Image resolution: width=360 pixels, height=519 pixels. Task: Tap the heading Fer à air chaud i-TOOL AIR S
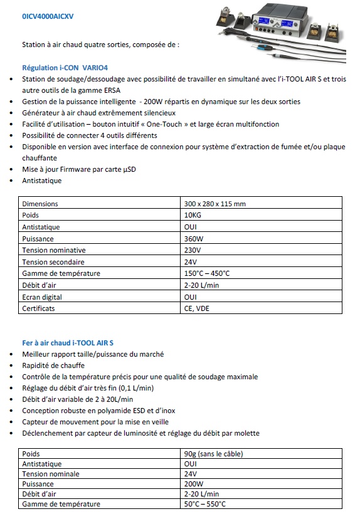tap(68, 343)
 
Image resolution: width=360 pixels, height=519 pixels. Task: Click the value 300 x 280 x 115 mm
tap(215, 204)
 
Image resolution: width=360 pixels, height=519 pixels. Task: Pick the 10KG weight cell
tap(193, 215)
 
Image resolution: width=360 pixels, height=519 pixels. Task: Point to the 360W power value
tap(193, 239)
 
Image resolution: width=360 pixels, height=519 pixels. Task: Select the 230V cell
tap(193, 250)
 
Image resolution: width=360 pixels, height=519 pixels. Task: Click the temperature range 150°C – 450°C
tap(207, 273)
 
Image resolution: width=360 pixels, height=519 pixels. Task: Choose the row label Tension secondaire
tap(53, 262)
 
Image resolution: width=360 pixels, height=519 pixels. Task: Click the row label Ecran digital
tap(44, 297)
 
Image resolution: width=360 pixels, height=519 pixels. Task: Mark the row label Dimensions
tap(40, 204)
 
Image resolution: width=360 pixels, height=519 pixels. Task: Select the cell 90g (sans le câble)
tap(213, 454)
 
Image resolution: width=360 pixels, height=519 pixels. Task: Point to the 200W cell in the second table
tap(193, 484)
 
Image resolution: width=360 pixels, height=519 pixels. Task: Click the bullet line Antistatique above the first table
tap(42, 181)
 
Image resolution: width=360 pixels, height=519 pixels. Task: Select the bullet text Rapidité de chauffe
tap(53, 365)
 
